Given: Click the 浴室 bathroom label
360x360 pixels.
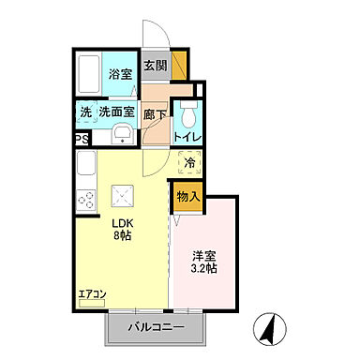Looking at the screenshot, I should (119, 74).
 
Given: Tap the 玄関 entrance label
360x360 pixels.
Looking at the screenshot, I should (155, 67).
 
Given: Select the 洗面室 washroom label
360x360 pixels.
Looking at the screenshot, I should (119, 112).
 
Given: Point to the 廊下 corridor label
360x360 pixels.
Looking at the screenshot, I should (155, 113).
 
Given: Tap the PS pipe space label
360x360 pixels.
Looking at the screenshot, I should (82, 142).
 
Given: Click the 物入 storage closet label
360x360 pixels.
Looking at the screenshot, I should (188, 197).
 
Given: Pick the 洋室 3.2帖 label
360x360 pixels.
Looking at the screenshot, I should (205, 262).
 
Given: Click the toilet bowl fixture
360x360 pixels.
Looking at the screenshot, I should (188, 117).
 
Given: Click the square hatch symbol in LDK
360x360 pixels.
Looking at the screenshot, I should (122, 196).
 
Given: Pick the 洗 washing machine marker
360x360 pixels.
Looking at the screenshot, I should (85, 112).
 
